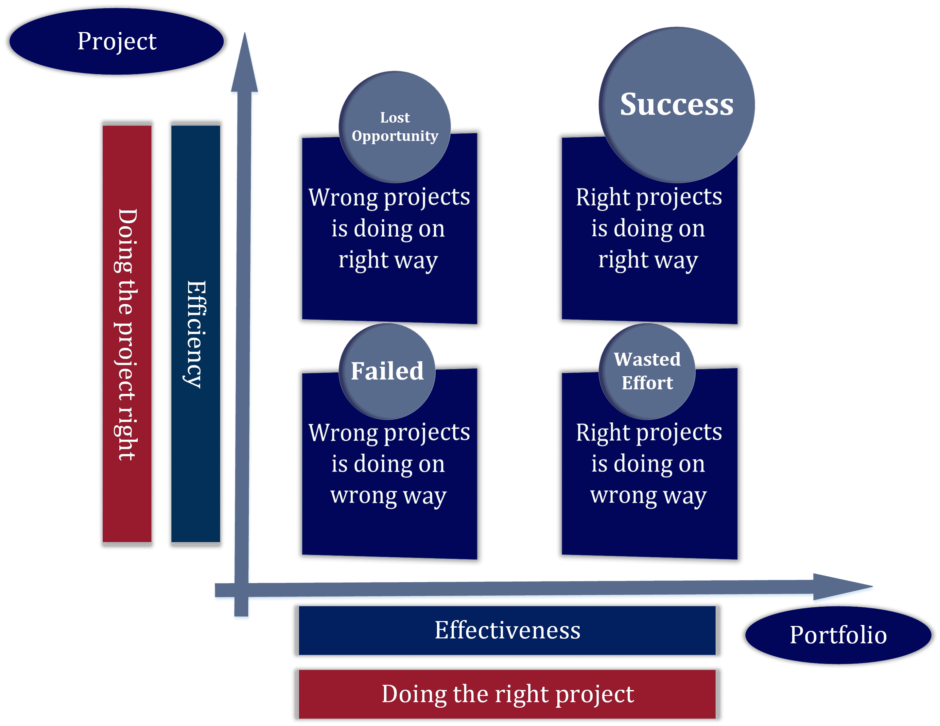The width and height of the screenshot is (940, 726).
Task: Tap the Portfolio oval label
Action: tap(838, 635)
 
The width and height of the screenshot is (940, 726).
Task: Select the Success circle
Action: tap(677, 105)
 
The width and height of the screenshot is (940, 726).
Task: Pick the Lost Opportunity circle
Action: tap(395, 127)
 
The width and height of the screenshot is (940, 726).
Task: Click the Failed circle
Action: tap(387, 371)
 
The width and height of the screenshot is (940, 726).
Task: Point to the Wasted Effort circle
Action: tap(647, 371)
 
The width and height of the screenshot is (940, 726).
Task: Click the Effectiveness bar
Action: tap(507, 631)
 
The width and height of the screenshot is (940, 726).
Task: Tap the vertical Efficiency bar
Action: tap(196, 334)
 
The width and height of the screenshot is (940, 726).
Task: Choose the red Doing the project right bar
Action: tap(127, 334)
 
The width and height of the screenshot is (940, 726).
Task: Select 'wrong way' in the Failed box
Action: tap(388, 496)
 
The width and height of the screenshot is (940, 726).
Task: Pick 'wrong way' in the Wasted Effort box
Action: tap(648, 496)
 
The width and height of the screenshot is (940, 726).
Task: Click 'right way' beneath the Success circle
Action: tap(648, 260)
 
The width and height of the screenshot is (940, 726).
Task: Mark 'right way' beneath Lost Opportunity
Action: tap(388, 260)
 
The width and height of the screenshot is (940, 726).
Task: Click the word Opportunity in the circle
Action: tap(395, 136)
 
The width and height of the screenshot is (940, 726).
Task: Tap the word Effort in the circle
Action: tap(647, 383)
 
